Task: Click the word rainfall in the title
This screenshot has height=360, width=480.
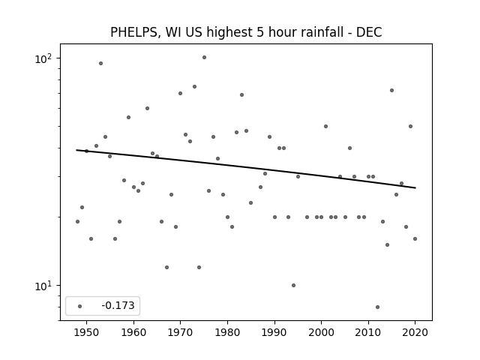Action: [325, 31]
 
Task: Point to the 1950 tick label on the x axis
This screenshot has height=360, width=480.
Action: [87, 332]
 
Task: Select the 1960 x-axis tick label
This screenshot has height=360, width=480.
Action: [133, 332]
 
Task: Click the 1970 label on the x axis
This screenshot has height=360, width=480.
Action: [180, 332]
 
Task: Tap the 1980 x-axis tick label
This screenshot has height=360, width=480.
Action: [227, 332]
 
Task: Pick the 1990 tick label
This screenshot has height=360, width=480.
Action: [274, 332]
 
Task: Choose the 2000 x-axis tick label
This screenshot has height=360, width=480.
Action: [321, 332]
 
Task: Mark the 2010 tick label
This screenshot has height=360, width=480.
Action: [368, 332]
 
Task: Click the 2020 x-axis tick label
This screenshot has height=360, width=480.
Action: [415, 332]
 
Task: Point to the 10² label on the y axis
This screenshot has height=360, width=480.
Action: [43, 58]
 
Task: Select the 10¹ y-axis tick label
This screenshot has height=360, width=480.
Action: [43, 286]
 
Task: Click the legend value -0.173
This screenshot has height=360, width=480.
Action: [118, 305]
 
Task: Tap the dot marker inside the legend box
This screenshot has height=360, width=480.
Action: [80, 306]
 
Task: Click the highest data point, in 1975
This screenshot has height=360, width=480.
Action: [204, 58]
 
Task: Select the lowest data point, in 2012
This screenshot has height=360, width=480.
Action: [377, 307]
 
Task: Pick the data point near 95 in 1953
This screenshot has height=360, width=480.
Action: [100, 63]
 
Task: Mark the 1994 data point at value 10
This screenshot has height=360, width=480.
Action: [293, 285]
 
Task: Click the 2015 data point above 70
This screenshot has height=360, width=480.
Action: [391, 90]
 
